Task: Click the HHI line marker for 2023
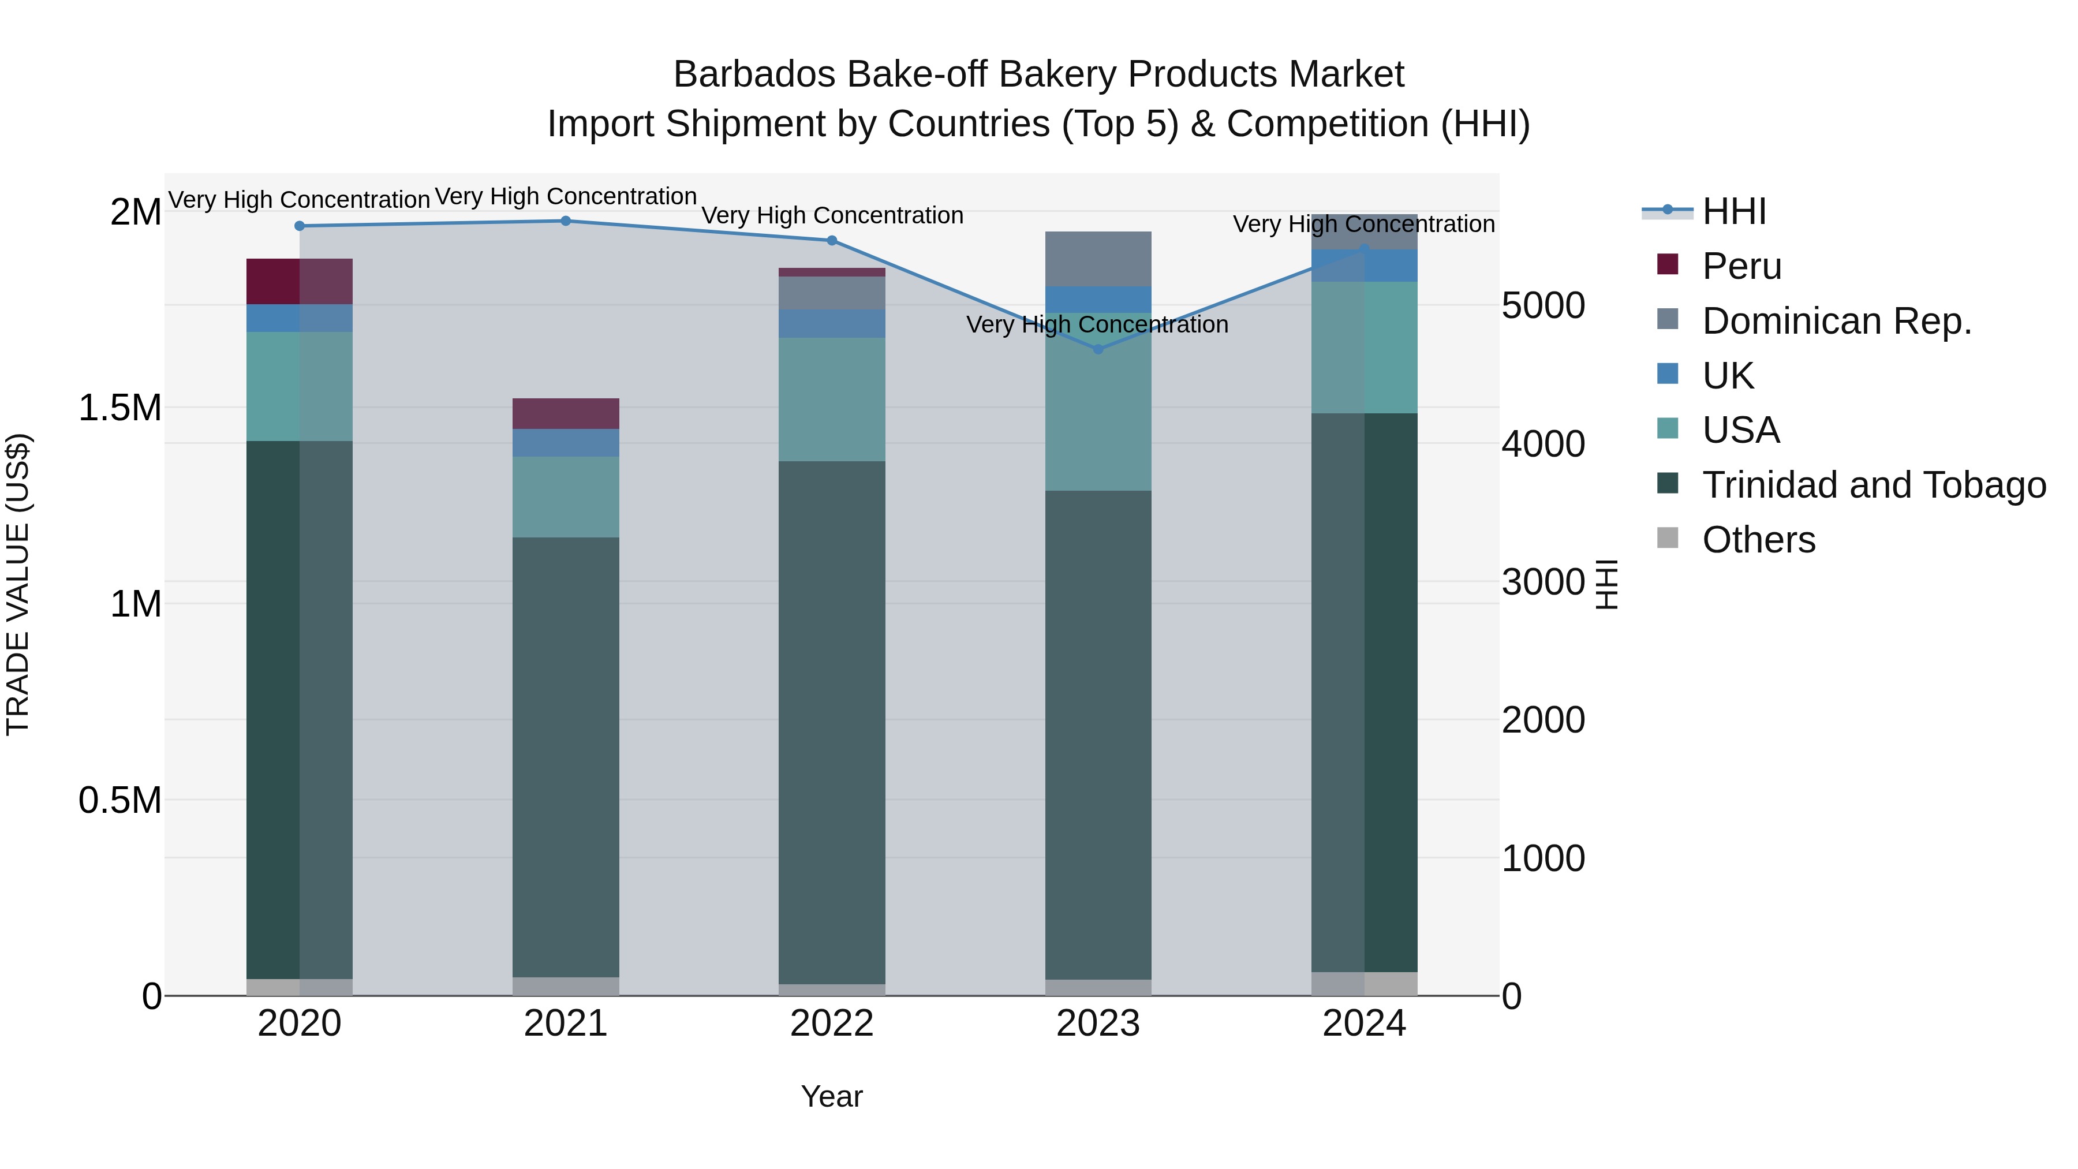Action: click(x=1098, y=349)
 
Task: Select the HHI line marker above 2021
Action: click(x=566, y=221)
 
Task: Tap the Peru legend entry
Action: click(x=1741, y=266)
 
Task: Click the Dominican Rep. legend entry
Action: click(x=1836, y=321)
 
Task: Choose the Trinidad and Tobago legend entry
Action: click(x=1873, y=485)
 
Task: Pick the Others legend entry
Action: click(x=1759, y=540)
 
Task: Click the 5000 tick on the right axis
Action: click(x=1542, y=306)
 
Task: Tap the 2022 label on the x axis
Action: click(x=832, y=1024)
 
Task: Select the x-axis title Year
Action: click(x=832, y=1096)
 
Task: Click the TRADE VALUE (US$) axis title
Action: click(x=18, y=584)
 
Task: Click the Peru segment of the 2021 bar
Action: click(x=566, y=413)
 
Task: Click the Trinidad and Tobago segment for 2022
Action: click(x=832, y=722)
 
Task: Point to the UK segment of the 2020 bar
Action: click(x=299, y=318)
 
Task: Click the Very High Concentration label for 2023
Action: click(x=1097, y=325)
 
